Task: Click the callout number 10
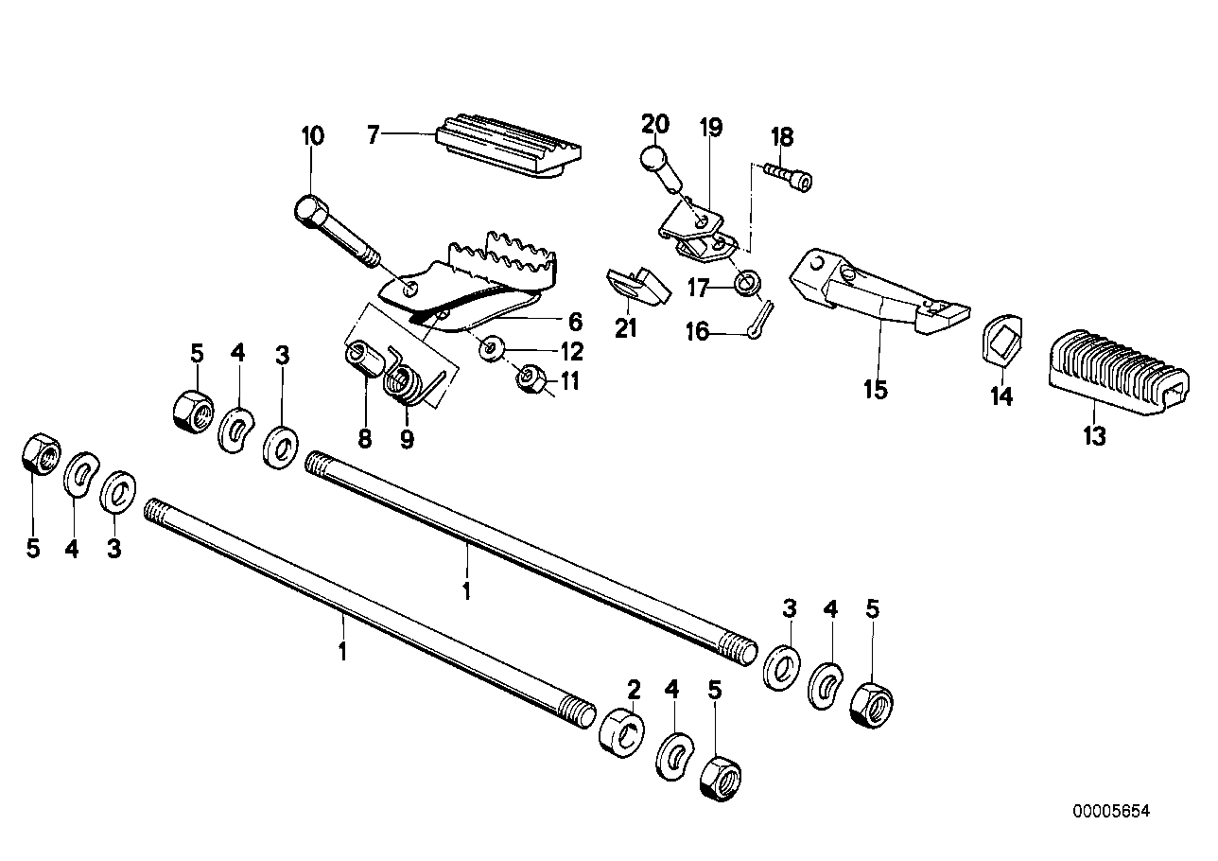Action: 312,135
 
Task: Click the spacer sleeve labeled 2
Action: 621,731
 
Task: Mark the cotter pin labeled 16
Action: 761,318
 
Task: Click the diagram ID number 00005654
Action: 1111,811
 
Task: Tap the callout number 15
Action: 876,389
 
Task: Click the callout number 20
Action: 654,123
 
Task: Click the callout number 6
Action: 575,322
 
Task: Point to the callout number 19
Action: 710,128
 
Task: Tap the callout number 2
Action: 634,688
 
